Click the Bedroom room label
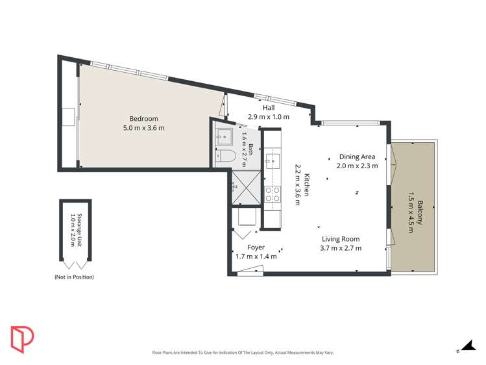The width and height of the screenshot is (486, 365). (143, 118)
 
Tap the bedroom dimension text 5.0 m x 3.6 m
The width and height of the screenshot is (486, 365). (143, 128)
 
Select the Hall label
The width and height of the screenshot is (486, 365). (269, 108)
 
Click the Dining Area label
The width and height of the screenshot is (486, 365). (357, 157)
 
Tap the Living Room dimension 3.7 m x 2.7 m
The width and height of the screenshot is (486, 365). (341, 247)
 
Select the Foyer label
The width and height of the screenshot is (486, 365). (256, 247)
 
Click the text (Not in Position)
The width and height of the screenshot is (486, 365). (74, 277)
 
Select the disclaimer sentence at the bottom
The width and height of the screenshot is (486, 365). (243, 353)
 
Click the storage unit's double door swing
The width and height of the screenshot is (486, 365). (75, 264)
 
